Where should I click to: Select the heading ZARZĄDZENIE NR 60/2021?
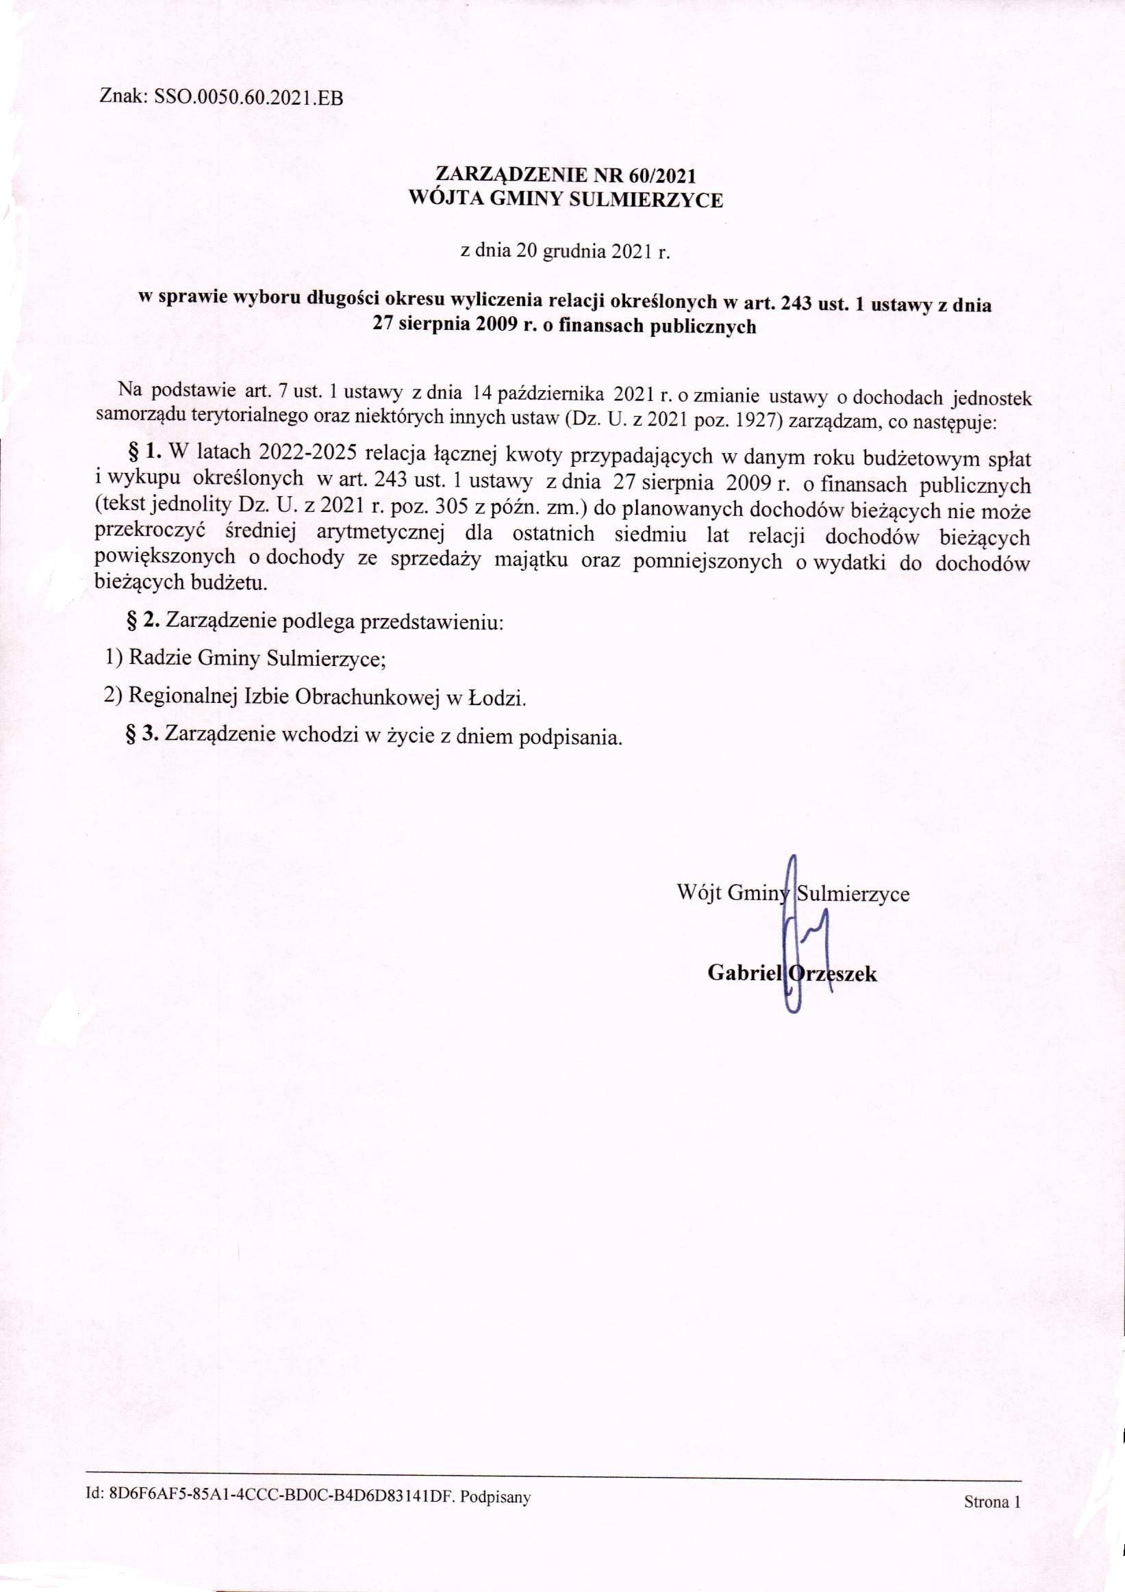(x=566, y=175)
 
